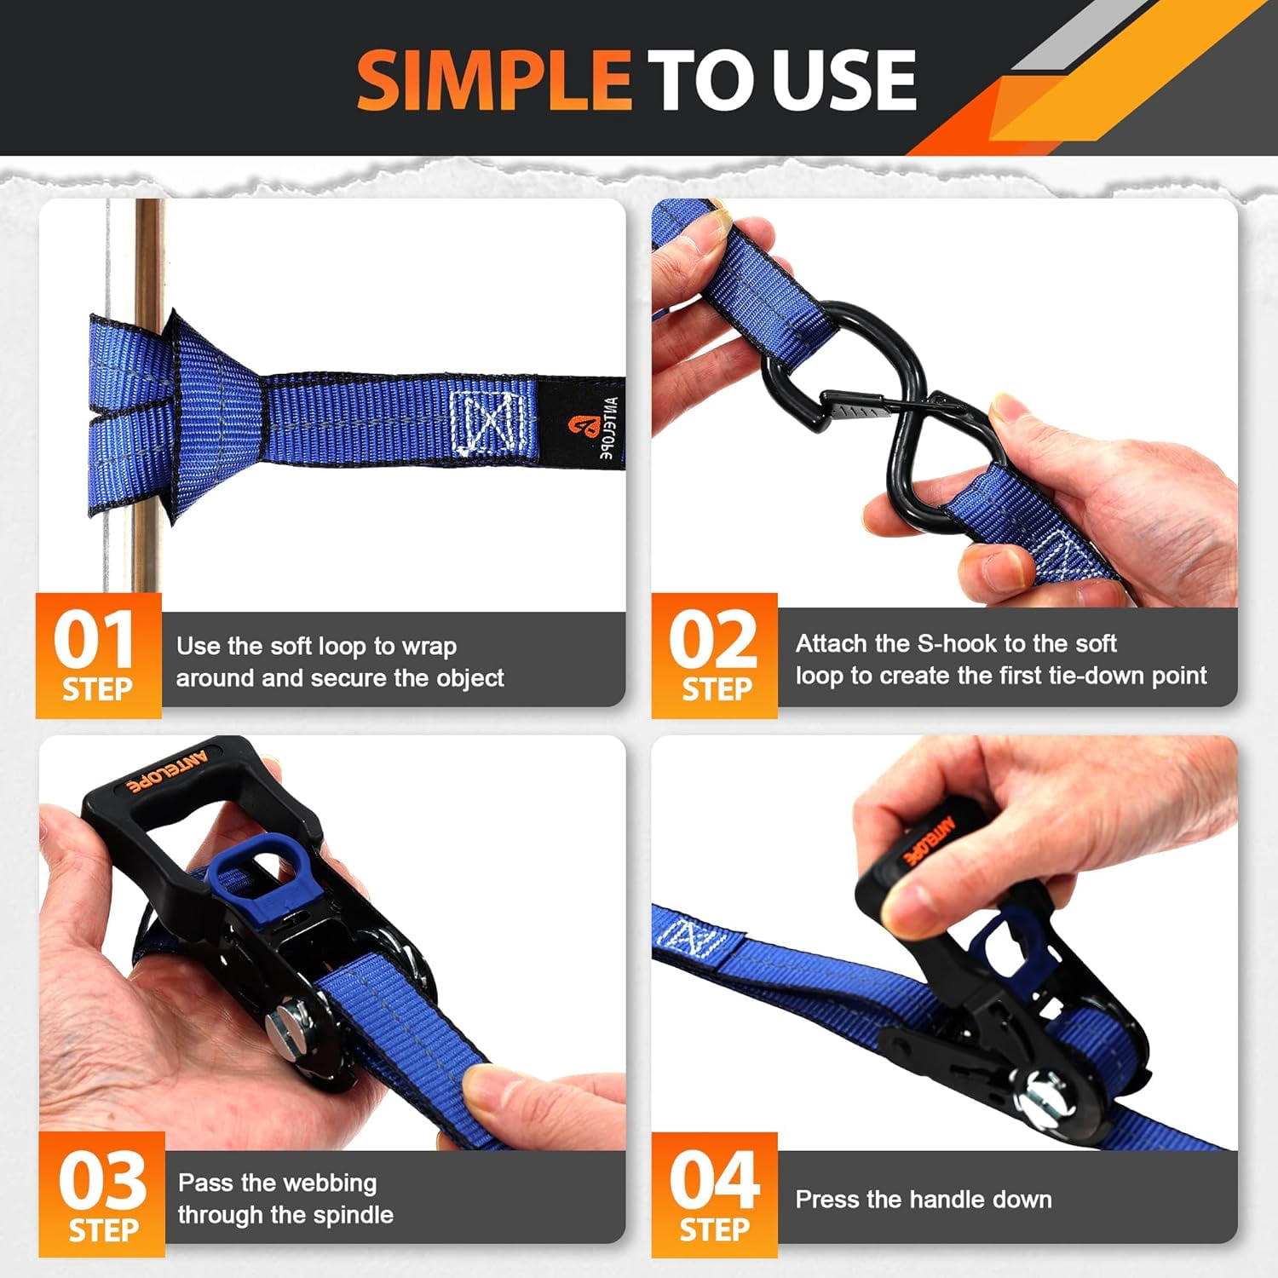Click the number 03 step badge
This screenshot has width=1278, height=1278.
pos(101,1195)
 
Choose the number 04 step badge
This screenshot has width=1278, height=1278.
pos(714,1195)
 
